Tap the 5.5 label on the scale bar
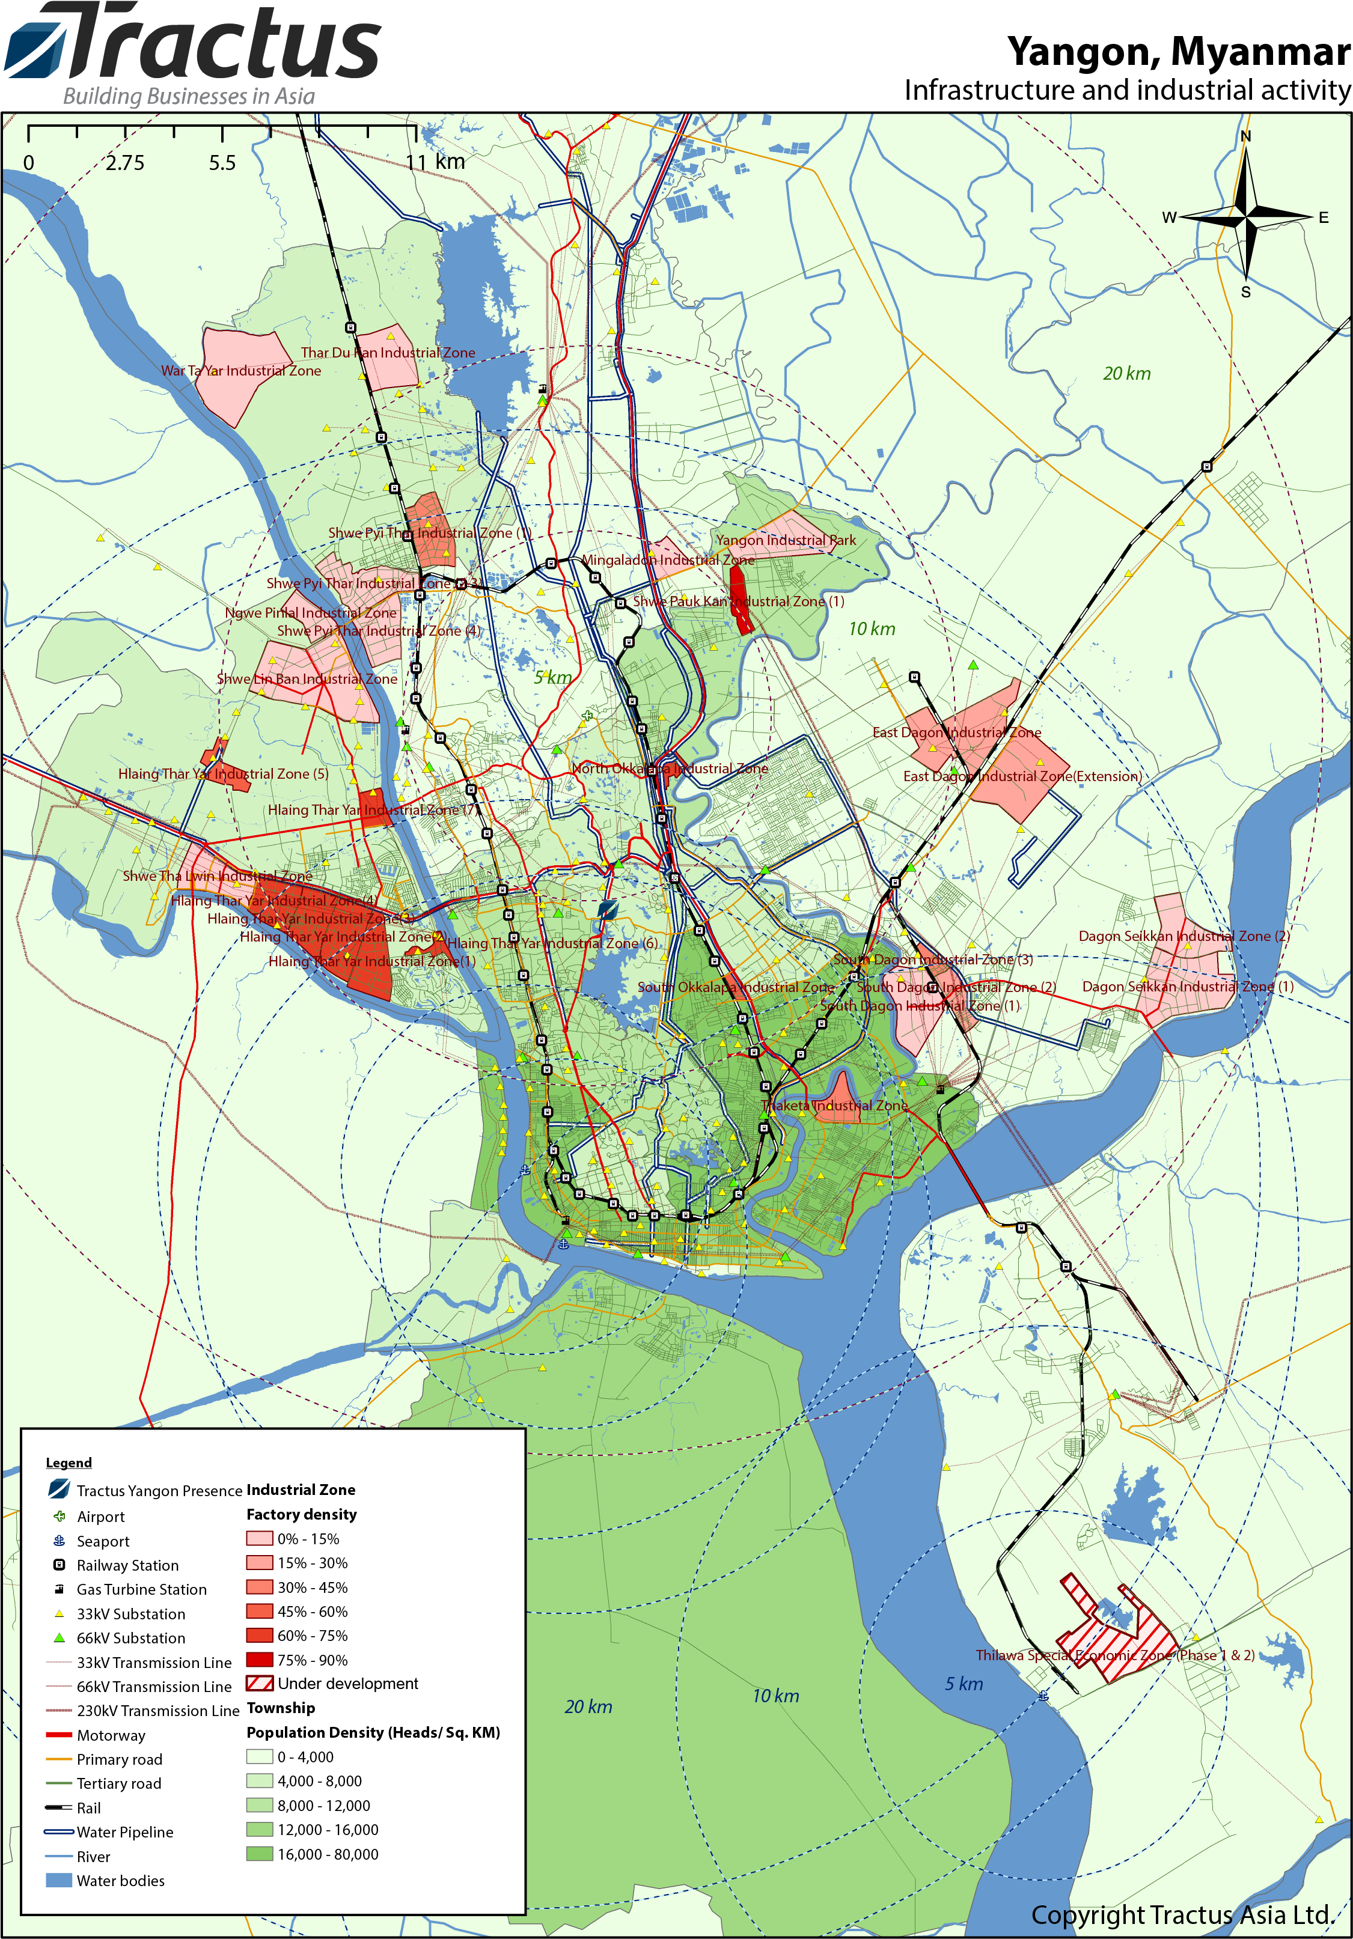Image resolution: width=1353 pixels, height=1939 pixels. (222, 163)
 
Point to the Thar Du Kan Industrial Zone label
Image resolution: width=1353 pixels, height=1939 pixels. (388, 353)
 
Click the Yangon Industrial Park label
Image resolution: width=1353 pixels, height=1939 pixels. (786, 541)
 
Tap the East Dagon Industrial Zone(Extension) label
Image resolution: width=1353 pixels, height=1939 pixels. (1022, 776)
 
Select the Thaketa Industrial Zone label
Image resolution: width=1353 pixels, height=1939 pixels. (834, 1106)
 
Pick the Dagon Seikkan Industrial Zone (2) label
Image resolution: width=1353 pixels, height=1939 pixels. (1183, 936)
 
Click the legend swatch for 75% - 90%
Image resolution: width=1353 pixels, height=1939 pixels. (259, 1660)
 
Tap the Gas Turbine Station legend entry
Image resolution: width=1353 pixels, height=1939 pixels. (141, 1589)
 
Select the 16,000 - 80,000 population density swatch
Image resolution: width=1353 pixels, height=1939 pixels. (259, 1854)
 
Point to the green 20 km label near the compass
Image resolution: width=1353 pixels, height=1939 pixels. (1126, 373)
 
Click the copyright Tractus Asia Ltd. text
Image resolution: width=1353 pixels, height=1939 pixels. (1182, 1914)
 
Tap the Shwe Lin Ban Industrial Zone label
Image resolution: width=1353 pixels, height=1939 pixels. (307, 679)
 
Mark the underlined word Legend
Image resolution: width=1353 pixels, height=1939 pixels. (69, 1463)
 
